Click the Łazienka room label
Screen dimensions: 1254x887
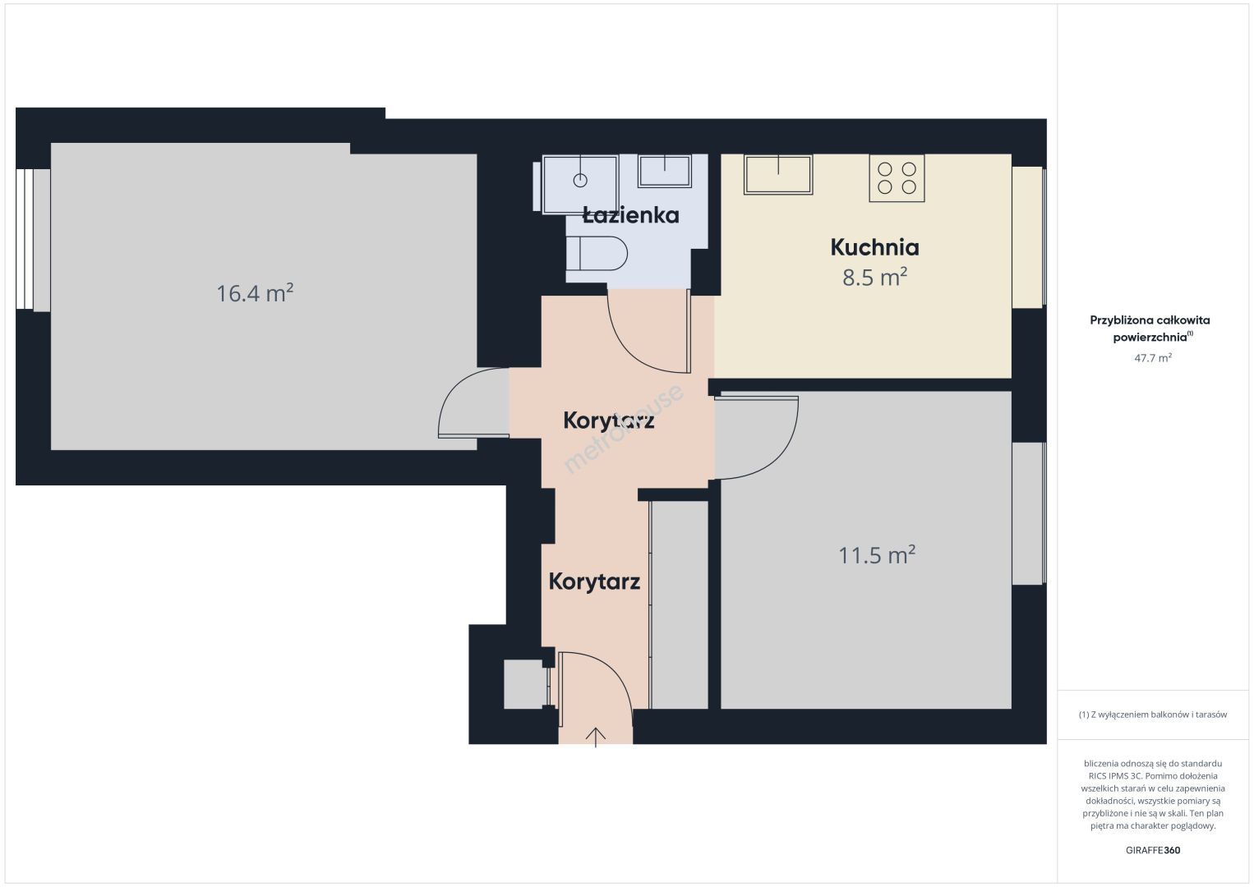point(631,215)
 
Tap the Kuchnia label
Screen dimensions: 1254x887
point(874,247)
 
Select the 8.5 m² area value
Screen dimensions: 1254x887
point(874,277)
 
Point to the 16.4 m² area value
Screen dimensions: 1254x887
point(255,292)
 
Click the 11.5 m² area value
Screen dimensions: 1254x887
point(877,554)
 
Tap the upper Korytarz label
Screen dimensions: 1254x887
point(609,421)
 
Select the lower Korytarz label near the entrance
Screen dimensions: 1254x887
point(594,581)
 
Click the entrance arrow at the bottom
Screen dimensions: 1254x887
point(596,737)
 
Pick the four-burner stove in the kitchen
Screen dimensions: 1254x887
point(897,178)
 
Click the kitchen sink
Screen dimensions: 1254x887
point(778,175)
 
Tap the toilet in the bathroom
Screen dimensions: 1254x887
point(597,254)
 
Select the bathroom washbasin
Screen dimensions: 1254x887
point(665,171)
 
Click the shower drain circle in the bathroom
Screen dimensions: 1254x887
point(580,180)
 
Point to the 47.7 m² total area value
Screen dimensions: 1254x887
point(1153,357)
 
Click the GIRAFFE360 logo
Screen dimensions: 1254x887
point(1153,850)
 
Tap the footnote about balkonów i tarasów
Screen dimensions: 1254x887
point(1153,715)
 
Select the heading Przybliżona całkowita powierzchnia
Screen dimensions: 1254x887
point(1150,329)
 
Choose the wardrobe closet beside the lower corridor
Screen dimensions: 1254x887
point(680,605)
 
